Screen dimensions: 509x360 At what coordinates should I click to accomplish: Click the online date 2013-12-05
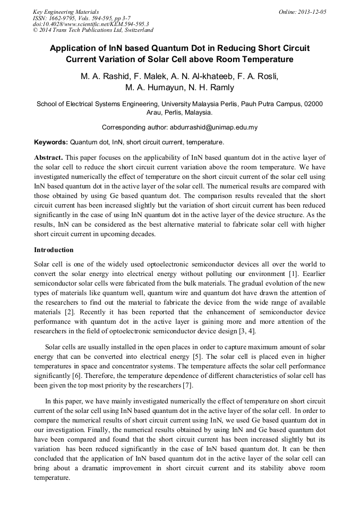(x=311, y=12)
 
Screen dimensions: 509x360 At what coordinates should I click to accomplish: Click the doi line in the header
(x=90, y=24)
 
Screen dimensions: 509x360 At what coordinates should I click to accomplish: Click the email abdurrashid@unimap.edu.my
(x=213, y=127)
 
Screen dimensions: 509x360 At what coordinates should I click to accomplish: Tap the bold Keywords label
(x=51, y=142)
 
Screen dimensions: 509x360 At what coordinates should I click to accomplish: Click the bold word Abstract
(x=49, y=158)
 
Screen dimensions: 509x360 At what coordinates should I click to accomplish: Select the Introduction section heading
(x=54, y=249)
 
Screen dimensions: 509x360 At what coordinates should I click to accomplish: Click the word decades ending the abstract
(x=141, y=235)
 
